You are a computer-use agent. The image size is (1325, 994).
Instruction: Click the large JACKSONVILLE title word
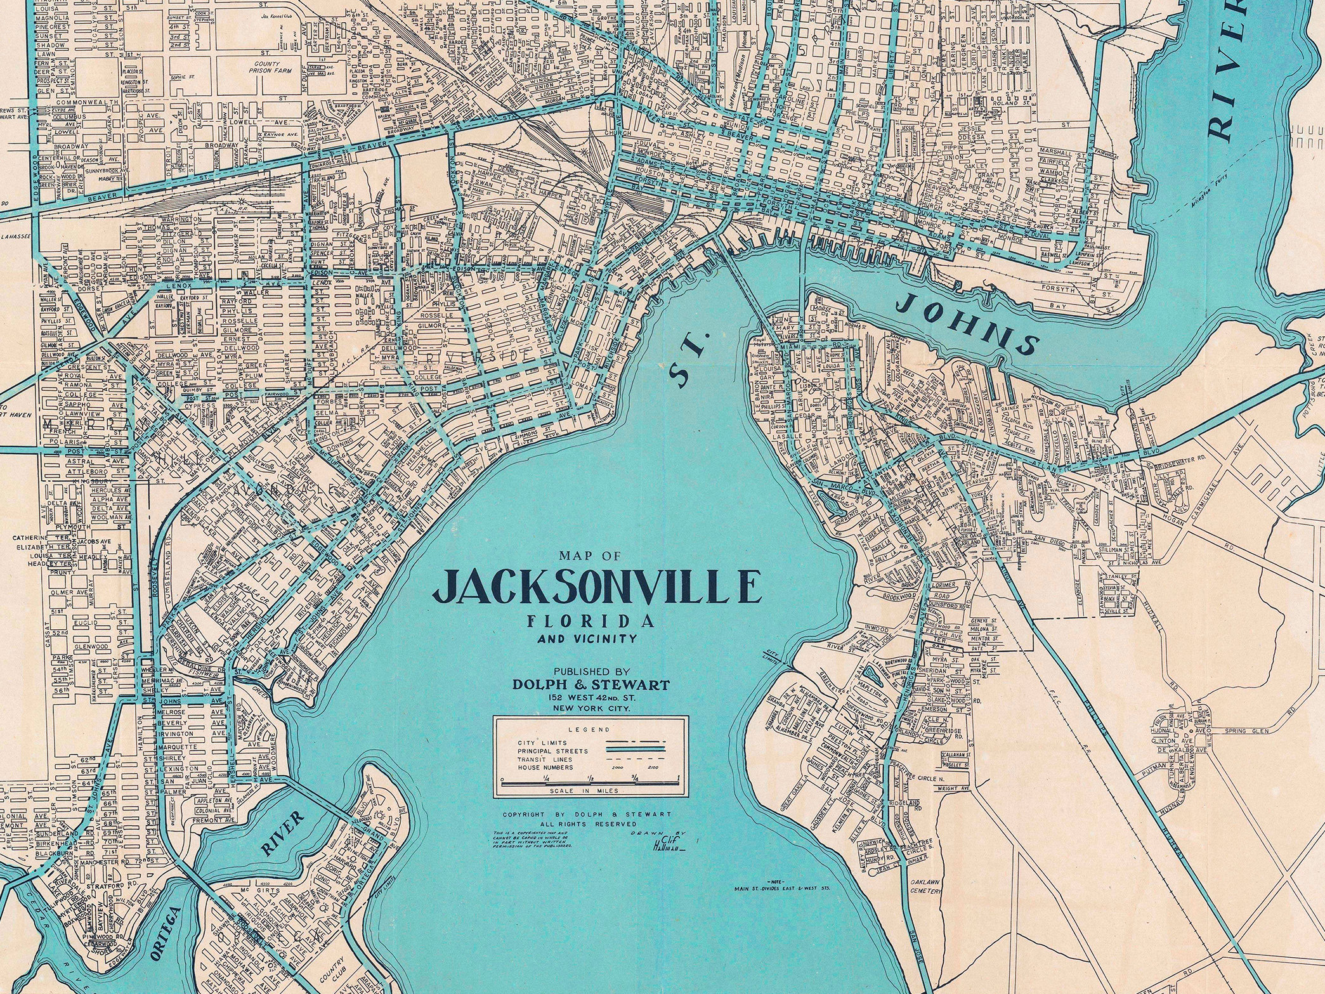coord(596,587)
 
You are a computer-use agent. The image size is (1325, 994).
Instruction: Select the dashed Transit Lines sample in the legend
coord(636,759)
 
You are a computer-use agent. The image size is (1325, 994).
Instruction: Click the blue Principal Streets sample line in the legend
coord(636,750)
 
